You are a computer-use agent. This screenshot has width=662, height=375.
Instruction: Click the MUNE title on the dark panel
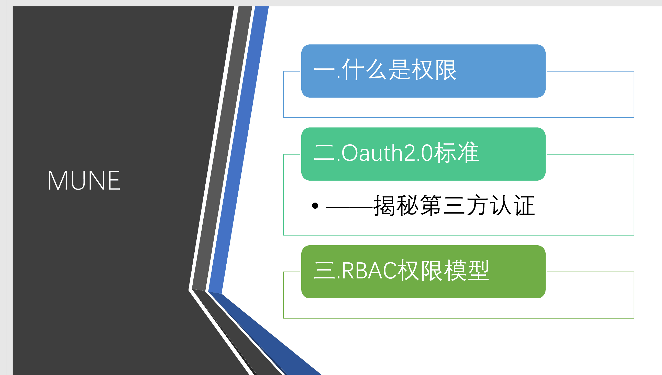[84, 180]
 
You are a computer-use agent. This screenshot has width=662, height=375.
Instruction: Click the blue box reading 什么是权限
[423, 71]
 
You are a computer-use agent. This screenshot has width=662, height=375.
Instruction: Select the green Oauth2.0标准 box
[423, 154]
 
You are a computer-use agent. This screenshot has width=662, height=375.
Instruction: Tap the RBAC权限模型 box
[423, 272]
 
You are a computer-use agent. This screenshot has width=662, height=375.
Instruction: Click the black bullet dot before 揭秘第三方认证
[315, 206]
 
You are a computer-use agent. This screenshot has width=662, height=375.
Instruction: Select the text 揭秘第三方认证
[454, 205]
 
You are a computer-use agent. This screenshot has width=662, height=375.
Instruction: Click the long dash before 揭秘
[350, 207]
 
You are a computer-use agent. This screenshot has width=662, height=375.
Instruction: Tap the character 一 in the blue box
[324, 69]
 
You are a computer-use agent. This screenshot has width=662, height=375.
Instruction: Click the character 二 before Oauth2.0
[324, 153]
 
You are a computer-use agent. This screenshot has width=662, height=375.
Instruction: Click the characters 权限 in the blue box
[434, 69]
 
